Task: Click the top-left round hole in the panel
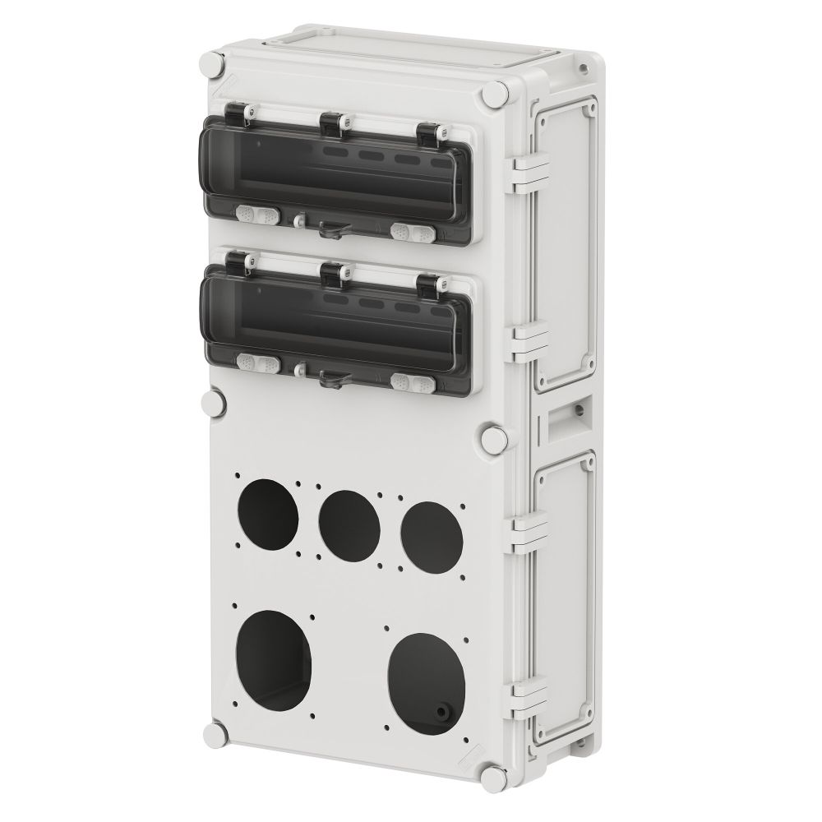click(268, 516)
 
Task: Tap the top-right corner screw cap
click(493, 95)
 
